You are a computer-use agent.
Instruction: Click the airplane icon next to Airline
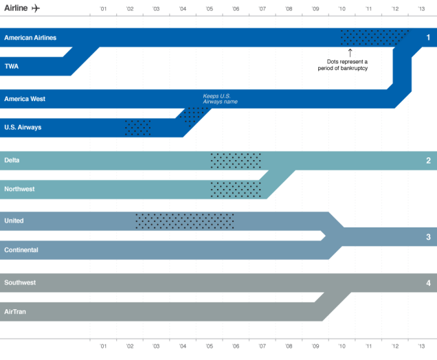click(36, 8)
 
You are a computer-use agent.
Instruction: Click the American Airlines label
click(30, 38)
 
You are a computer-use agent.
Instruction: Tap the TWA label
click(12, 67)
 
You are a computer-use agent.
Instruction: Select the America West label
click(25, 99)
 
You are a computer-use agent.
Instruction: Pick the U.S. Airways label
click(23, 127)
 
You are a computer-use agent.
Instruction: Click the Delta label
click(12, 160)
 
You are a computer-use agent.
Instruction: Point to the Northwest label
click(19, 189)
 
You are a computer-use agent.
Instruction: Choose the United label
click(14, 221)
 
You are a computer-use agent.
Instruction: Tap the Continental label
click(21, 250)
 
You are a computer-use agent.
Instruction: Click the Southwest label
click(20, 282)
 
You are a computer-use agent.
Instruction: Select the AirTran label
click(15, 311)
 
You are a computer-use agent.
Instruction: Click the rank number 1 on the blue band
click(428, 38)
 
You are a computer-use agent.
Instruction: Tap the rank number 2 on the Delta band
click(428, 161)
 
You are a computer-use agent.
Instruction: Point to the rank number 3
click(428, 237)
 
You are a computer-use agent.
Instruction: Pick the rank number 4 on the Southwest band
click(428, 283)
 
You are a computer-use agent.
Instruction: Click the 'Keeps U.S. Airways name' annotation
click(221, 99)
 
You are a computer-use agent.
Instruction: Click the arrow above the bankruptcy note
click(350, 53)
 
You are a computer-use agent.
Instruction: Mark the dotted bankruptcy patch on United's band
click(184, 221)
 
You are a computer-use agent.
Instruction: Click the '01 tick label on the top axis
click(103, 9)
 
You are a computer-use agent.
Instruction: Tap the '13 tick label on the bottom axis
click(421, 347)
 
